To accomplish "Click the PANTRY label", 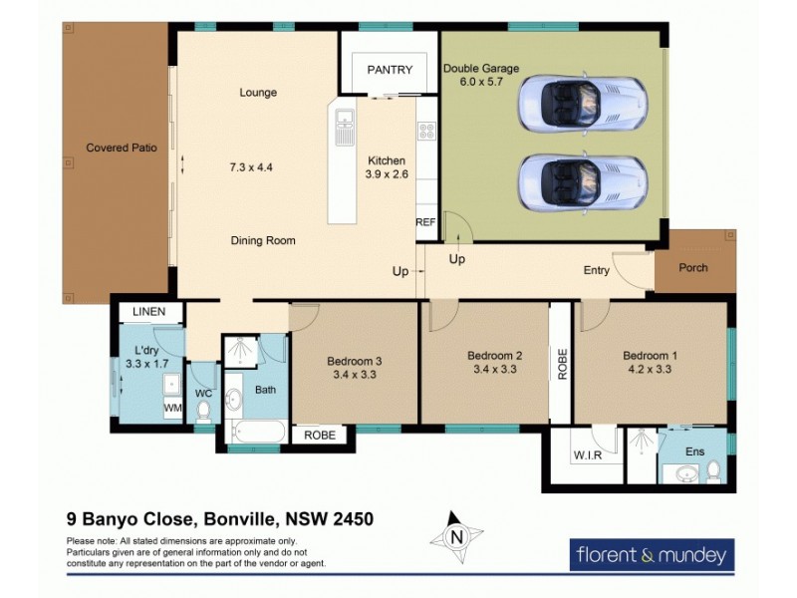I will (x=390, y=70).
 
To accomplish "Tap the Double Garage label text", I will (x=481, y=69).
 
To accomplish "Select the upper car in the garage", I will (x=583, y=100).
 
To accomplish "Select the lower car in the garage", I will (x=583, y=180).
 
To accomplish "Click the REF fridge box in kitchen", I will (x=426, y=222).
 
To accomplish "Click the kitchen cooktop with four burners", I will (x=426, y=132).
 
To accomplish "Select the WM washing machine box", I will (x=172, y=408).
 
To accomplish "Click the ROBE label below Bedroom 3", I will (x=319, y=436).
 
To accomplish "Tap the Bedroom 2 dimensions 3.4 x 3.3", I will (x=495, y=371).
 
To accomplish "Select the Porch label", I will (x=693, y=268).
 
